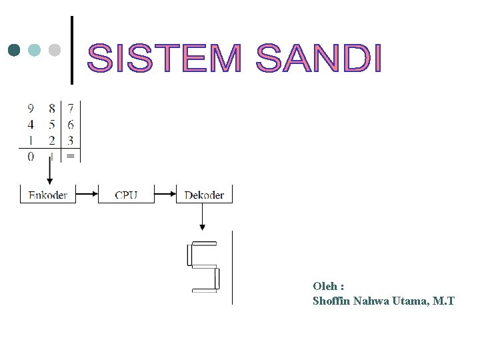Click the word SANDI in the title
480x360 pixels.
[319, 58]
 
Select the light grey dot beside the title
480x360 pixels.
[55, 50]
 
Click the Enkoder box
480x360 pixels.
[48, 195]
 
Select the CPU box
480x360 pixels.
[126, 195]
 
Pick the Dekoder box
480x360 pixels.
[204, 195]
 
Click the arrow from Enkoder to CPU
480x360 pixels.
[87, 195]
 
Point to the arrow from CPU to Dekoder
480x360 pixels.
[165, 195]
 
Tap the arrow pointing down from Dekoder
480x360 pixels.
[203, 217]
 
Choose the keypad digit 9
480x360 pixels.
[31, 108]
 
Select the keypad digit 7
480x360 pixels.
[71, 108]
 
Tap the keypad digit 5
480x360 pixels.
[51, 125]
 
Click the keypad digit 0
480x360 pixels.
[31, 157]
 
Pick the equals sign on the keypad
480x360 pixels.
[71, 157]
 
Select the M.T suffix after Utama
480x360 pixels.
[443, 301]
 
